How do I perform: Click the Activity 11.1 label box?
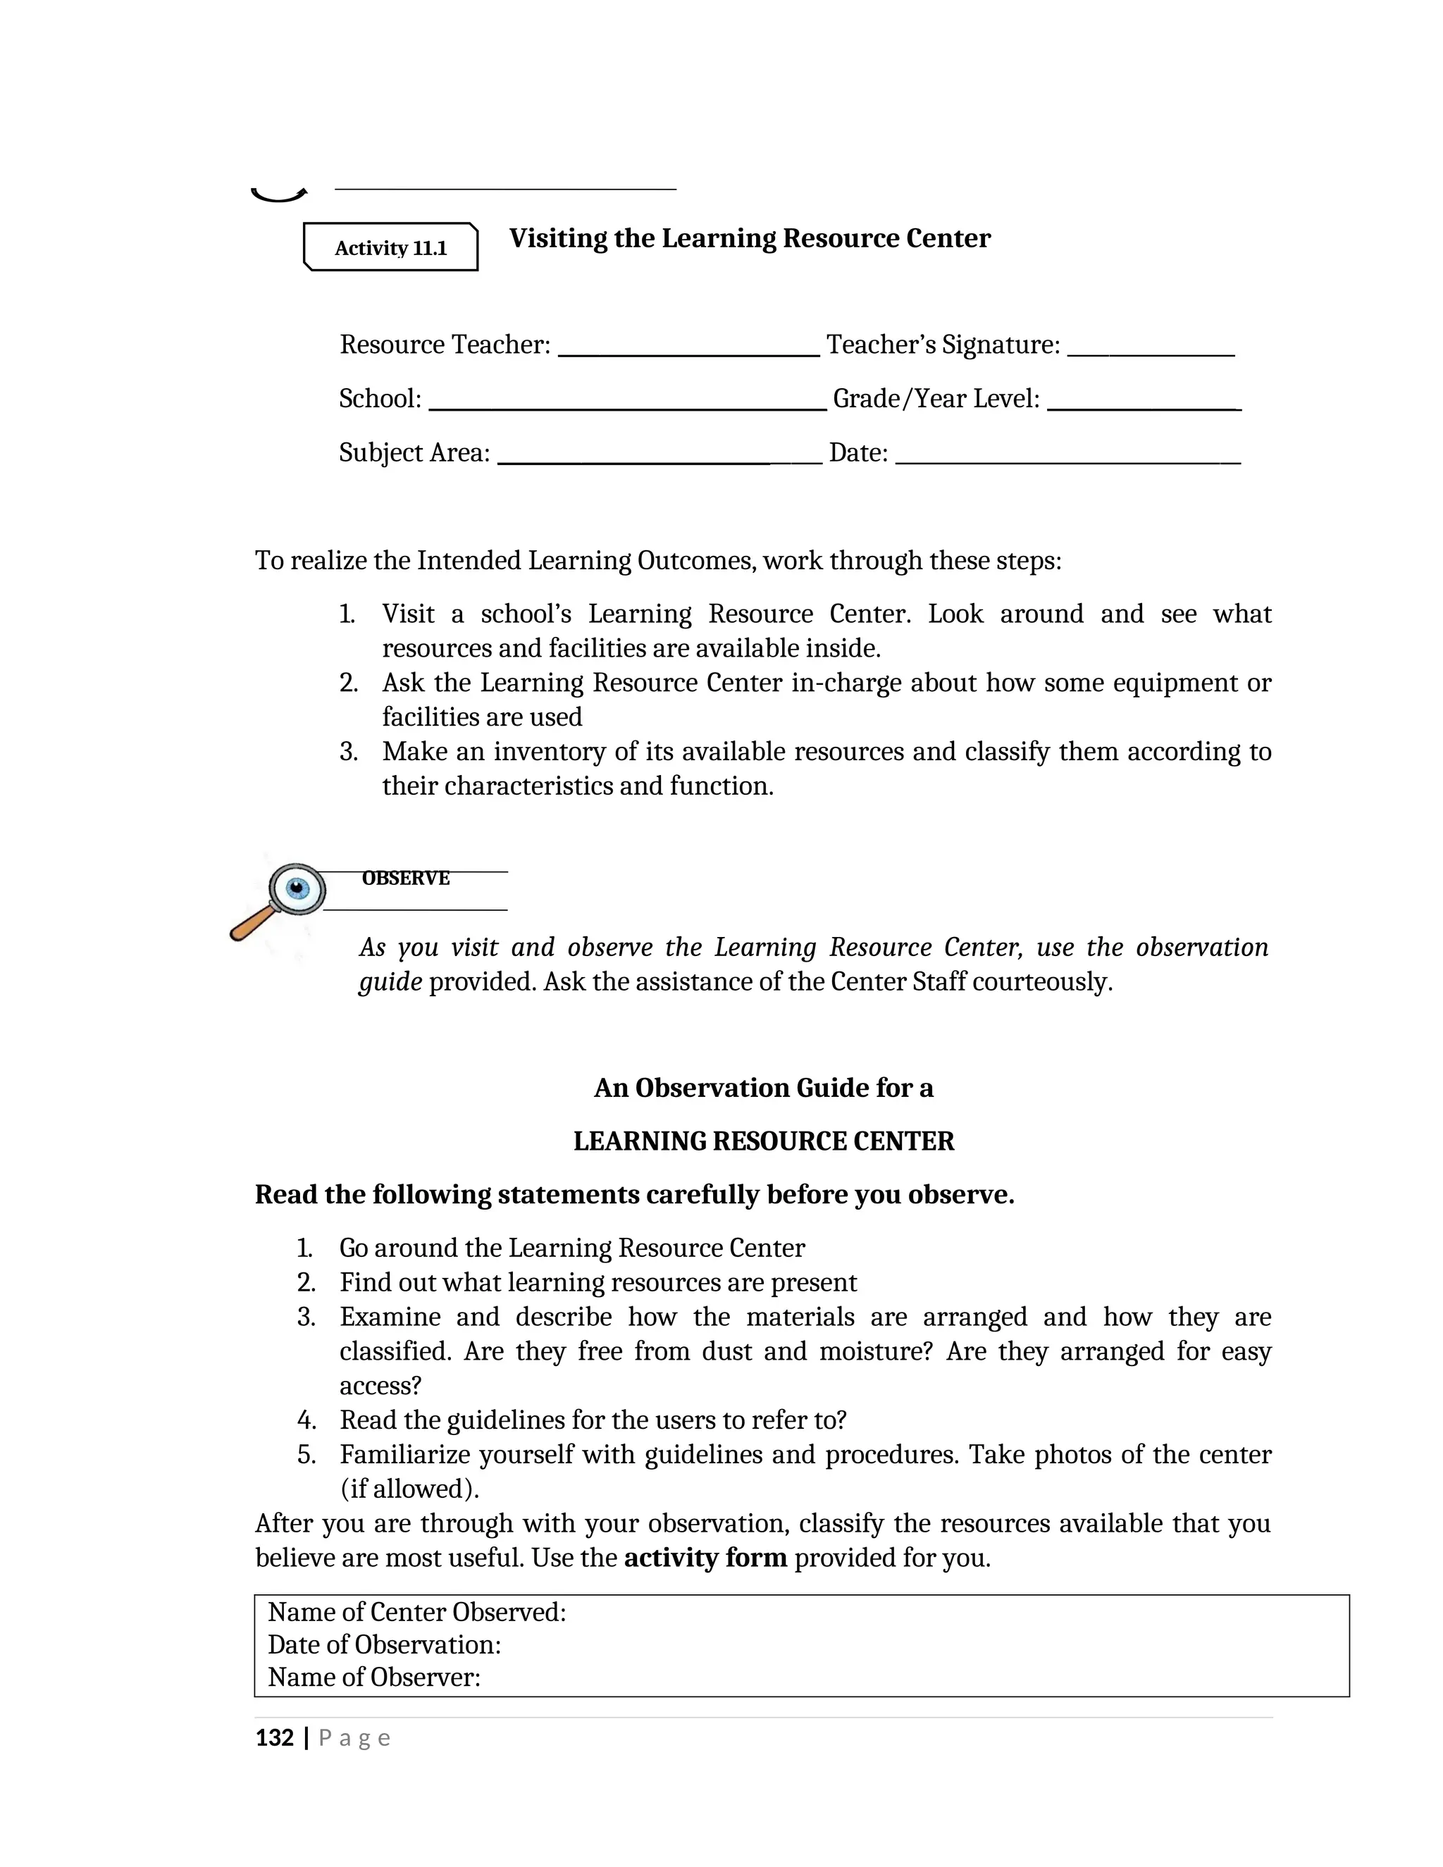[390, 248]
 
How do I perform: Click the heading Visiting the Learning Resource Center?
[750, 239]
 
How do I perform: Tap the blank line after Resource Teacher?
[688, 352]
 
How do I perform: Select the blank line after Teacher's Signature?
[1151, 352]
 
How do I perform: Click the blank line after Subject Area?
[658, 459]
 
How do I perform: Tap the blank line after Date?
[1067, 459]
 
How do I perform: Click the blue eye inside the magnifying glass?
[297, 888]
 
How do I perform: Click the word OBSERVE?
[405, 878]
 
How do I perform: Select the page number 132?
[274, 1738]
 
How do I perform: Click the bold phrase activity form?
[705, 1558]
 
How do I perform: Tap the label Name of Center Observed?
[417, 1612]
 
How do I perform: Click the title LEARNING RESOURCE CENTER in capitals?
[763, 1141]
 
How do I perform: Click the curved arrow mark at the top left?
[278, 195]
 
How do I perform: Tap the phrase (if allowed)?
[409, 1488]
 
